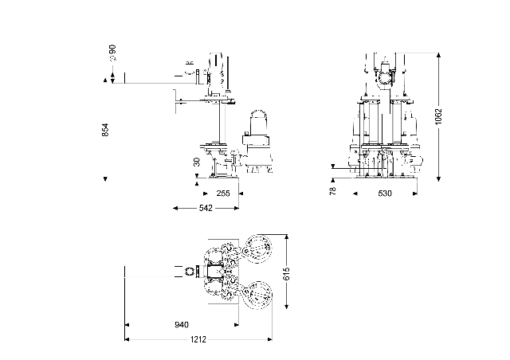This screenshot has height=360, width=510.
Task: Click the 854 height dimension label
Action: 105,130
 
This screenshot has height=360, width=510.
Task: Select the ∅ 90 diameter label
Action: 112,53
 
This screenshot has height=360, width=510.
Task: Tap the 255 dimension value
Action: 223,193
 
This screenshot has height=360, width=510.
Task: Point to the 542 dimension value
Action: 205,208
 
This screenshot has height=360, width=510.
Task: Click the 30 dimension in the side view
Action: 197,162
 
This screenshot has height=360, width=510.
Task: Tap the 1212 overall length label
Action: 198,340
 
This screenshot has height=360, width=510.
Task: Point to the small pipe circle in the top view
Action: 190,272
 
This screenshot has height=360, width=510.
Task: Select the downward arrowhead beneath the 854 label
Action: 105,178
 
